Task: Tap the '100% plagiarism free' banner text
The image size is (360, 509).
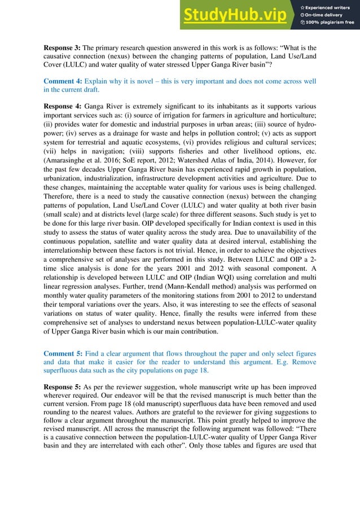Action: pyautogui.click(x=330, y=23)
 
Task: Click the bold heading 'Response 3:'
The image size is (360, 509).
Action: pyautogui.click(x=63, y=47)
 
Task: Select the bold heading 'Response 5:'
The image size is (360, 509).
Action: pyautogui.click(x=63, y=388)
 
